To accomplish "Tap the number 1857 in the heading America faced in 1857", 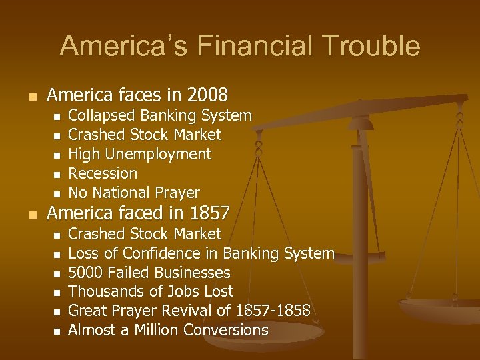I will coord(209,213).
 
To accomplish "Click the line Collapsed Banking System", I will coord(160,115).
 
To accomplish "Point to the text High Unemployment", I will coord(139,154).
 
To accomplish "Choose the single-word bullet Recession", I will coord(103,173).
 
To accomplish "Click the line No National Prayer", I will coord(134,193).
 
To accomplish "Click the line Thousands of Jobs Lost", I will coord(151,291).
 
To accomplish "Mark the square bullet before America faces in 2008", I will coord(29,95).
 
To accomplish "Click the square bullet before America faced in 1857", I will coord(29,215).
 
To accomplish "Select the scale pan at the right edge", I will coord(440,309).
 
